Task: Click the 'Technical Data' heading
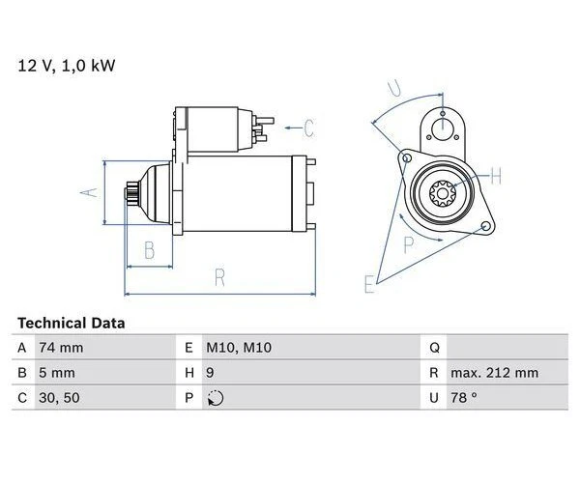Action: (71, 323)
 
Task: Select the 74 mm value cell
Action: (60, 348)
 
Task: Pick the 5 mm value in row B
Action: (56, 373)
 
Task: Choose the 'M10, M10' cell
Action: (237, 348)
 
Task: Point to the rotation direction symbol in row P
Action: (215, 398)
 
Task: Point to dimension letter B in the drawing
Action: (149, 250)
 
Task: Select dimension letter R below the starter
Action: (219, 278)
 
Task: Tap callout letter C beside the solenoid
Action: (308, 126)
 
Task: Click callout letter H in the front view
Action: (496, 176)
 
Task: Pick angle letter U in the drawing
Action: (395, 91)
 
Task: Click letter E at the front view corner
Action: (368, 283)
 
